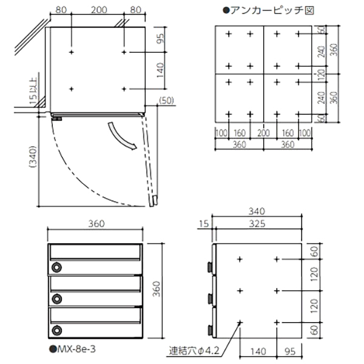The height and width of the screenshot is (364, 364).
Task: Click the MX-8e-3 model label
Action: [x=73, y=349]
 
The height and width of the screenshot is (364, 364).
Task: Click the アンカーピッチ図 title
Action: [x=269, y=10]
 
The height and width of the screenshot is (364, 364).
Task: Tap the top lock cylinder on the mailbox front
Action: [x=56, y=268]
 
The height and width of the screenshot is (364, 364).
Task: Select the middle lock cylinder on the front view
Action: [x=56, y=299]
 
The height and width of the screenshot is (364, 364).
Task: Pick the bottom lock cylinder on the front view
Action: [x=56, y=331]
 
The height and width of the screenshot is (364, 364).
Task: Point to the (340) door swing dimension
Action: [x=33, y=157]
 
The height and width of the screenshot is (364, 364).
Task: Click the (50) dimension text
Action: [x=166, y=101]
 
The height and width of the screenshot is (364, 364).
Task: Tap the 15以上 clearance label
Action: [x=33, y=92]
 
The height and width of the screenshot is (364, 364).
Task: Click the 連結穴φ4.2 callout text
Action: [x=194, y=351]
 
